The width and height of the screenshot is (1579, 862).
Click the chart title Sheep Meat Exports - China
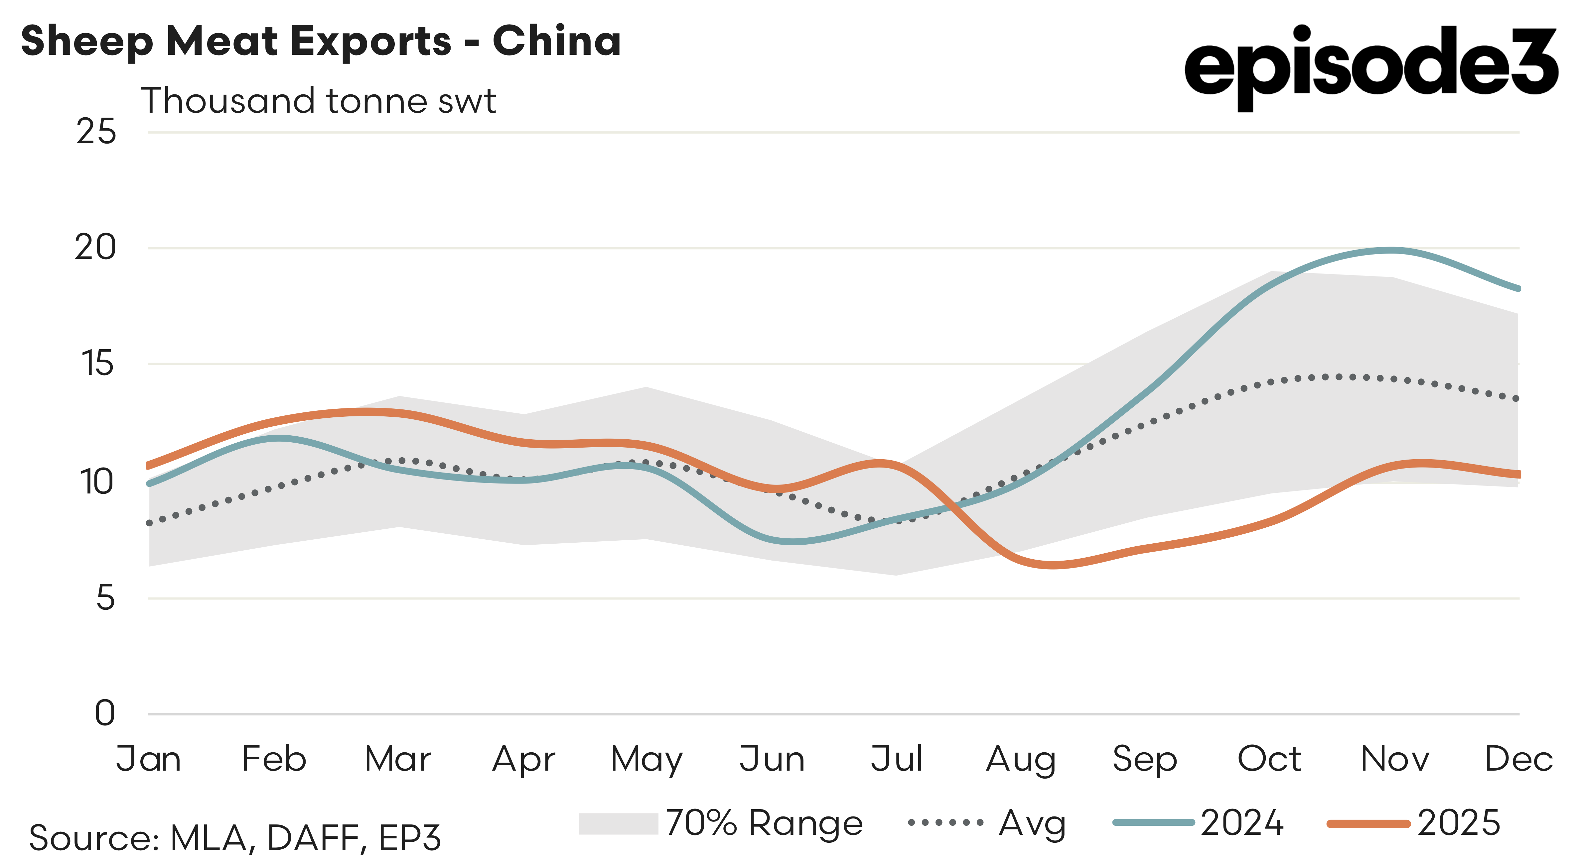[x=321, y=41]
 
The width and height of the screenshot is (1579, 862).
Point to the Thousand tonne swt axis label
[x=318, y=101]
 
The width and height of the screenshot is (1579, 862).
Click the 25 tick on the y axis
[x=96, y=132]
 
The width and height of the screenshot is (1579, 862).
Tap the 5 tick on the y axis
[x=105, y=597]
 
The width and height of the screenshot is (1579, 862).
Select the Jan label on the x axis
[x=148, y=760]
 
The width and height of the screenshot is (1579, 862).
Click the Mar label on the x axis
[x=398, y=760]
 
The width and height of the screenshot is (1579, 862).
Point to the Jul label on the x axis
[x=896, y=760]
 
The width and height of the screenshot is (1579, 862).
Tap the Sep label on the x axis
[x=1144, y=760]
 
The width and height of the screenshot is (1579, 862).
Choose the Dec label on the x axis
[x=1518, y=760]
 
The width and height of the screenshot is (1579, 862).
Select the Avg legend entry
[x=987, y=823]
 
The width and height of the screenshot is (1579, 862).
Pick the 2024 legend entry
[x=1198, y=823]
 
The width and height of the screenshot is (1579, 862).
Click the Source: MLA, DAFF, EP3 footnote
[x=235, y=838]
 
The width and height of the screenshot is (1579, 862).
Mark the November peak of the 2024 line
[x=1391, y=250]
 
